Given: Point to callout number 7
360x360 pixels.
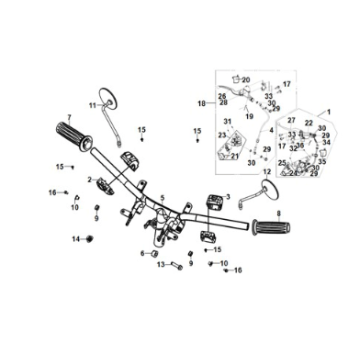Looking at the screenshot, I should coord(69,116).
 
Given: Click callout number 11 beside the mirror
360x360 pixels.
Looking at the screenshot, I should coord(91,103).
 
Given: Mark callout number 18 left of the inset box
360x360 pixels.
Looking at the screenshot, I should coord(201,103).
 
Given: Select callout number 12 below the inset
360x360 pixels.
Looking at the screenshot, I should coord(265,158).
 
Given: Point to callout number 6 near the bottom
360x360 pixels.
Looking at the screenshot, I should coord(142,254).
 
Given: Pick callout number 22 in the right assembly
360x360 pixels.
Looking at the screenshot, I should coord(309,122).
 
